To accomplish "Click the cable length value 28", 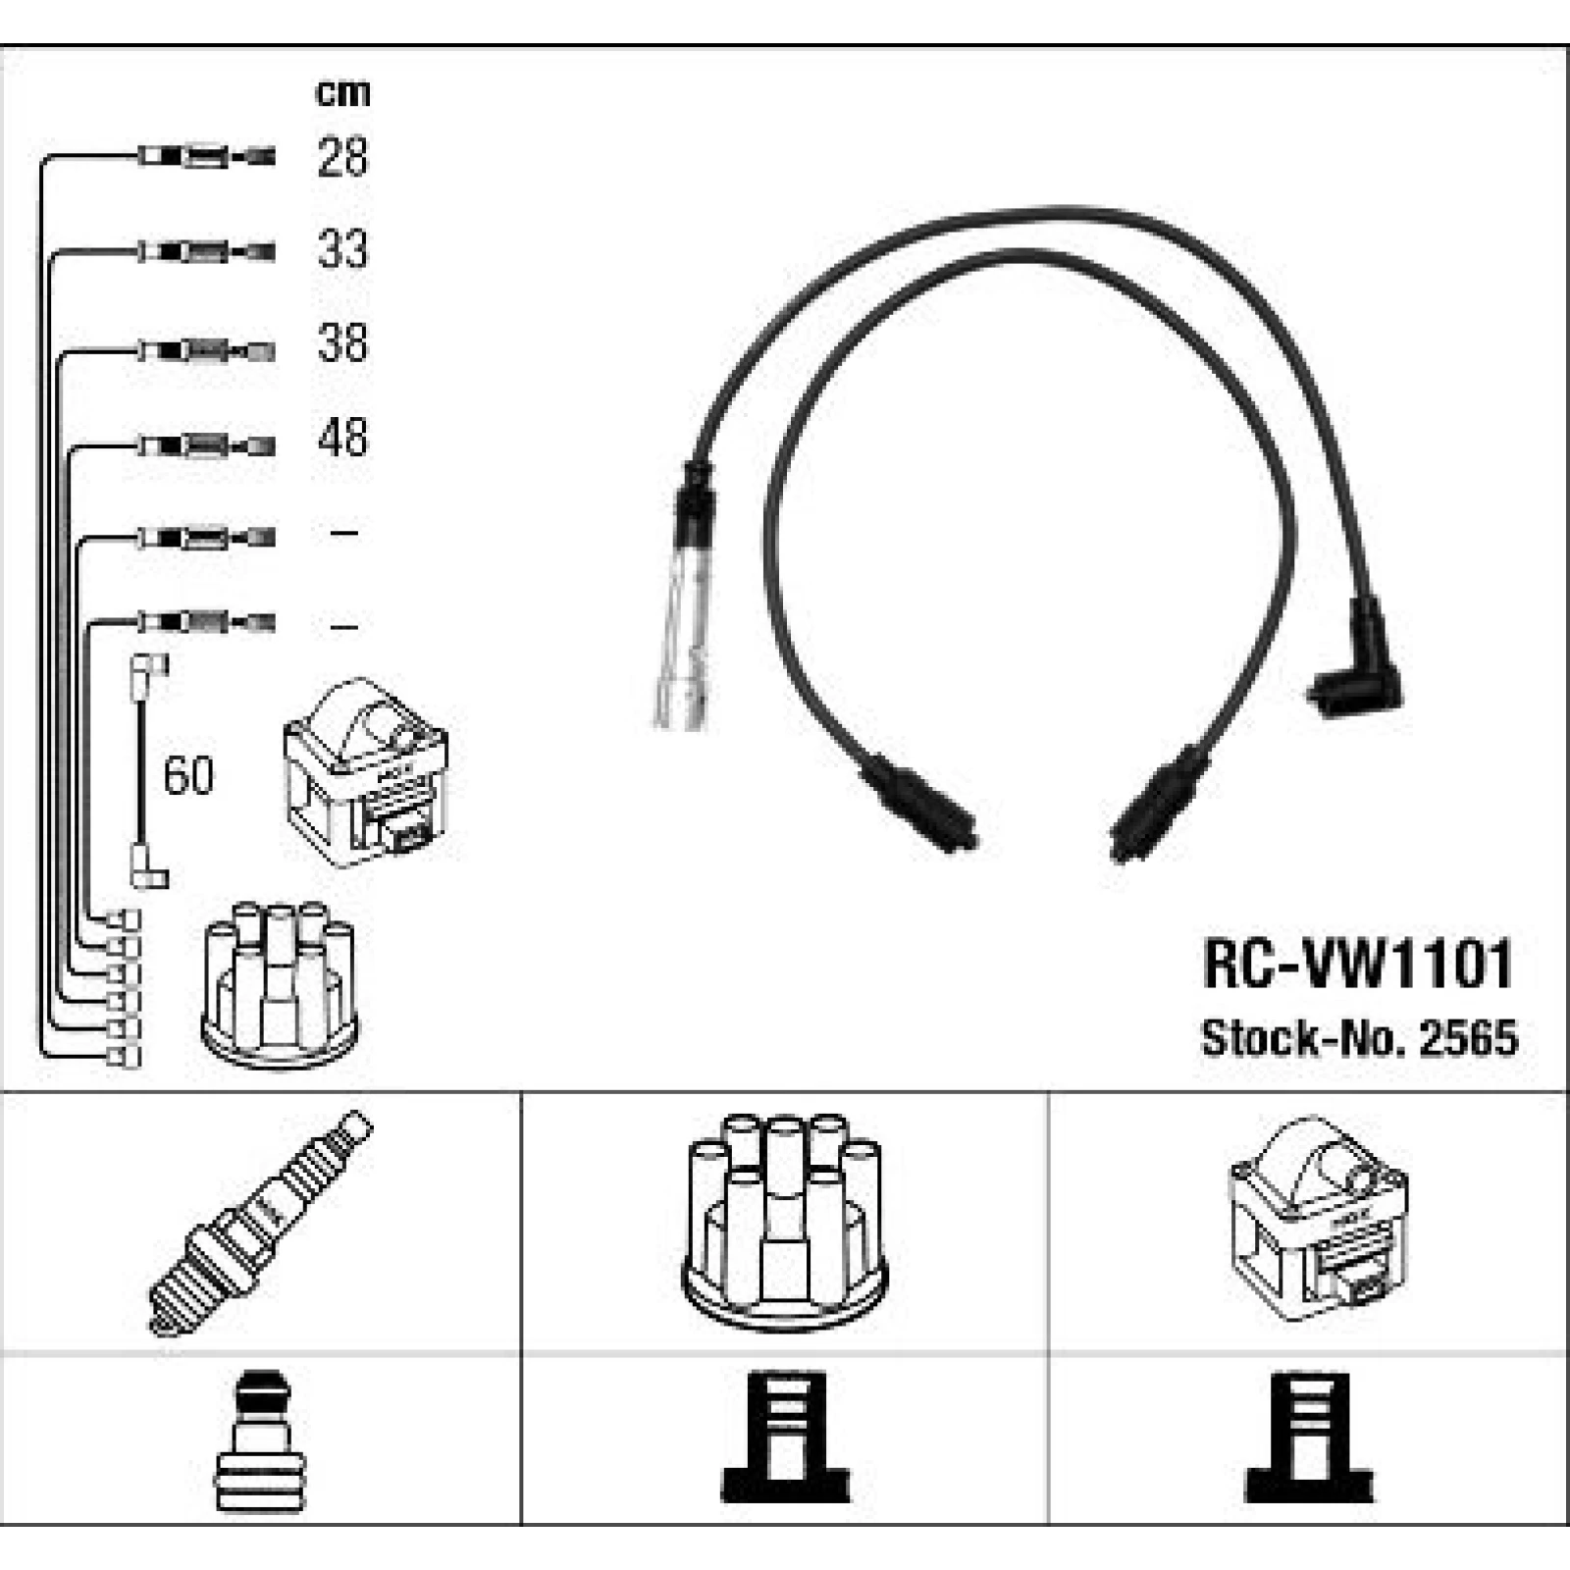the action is click(x=342, y=157).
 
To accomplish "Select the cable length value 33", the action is click(x=342, y=250).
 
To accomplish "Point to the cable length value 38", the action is click(x=342, y=344).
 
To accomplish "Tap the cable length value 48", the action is click(x=342, y=438).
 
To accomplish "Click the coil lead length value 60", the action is click(x=188, y=775).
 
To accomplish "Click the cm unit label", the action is click(x=342, y=92).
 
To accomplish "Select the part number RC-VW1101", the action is click(x=1358, y=964).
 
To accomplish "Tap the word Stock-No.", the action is click(x=1305, y=1037).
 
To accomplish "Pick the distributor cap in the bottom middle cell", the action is click(x=784, y=1222).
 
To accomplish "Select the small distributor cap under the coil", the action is click(x=280, y=985).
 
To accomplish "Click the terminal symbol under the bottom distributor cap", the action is click(x=785, y=1438).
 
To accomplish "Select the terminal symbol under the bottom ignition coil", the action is click(x=1310, y=1438).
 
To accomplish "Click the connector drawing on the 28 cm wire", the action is click(x=206, y=156).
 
